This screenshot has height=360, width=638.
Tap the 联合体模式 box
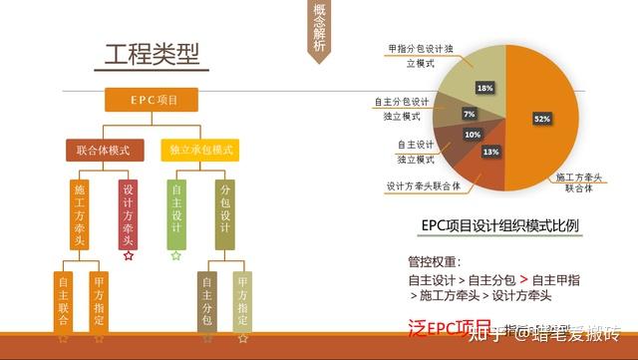tap(106, 150)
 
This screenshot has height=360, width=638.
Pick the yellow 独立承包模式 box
tap(200, 150)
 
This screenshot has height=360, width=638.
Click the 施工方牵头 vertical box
tap(80, 213)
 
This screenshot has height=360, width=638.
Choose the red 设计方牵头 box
tap(127, 213)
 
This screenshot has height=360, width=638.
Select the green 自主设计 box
tap(175, 213)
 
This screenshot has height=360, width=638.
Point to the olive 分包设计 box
tap(225, 213)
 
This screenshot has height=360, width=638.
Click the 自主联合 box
tap(63, 302)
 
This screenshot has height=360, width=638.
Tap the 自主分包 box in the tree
tap(207, 302)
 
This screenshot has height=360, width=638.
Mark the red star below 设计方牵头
tap(128, 256)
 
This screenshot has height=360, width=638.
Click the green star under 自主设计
tap(175, 256)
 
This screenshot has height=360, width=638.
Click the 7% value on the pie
tap(470, 114)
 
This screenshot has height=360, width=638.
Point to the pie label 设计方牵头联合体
tap(423, 185)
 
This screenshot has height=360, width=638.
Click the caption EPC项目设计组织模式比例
tap(499, 226)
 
